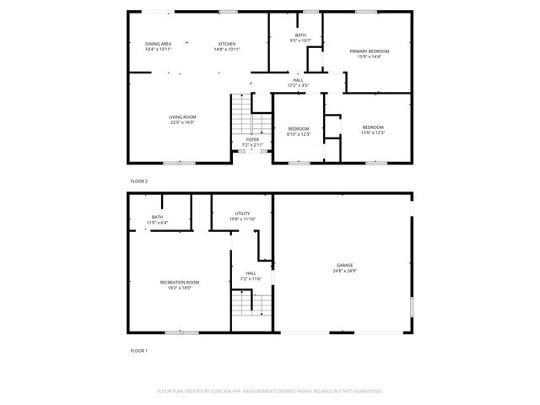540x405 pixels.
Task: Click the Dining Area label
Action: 158,44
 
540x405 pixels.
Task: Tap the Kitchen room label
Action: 227,44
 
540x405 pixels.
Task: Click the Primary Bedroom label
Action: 370,51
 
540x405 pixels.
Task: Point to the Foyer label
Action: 252,139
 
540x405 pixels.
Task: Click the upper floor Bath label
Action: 300,35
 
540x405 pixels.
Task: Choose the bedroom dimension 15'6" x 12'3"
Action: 372,132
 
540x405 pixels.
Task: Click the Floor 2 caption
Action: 138,181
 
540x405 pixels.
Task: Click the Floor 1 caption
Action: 138,350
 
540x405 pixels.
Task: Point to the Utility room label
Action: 242,214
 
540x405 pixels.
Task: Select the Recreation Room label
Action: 180,282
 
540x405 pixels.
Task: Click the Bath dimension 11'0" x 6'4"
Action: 157,223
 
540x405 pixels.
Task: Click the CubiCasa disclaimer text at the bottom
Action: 270,391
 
